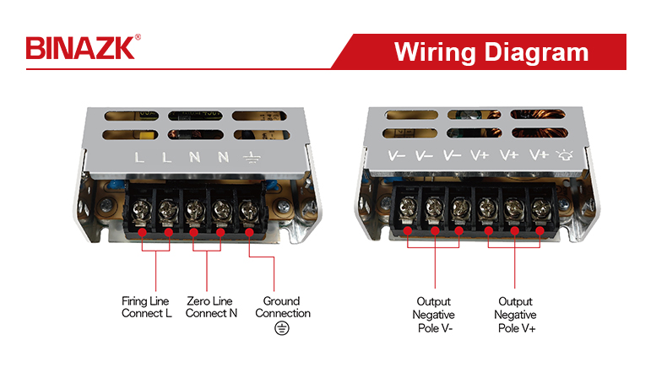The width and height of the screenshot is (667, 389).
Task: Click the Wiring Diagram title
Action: tap(491, 51)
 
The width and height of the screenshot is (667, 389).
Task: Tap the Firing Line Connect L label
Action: tap(145, 307)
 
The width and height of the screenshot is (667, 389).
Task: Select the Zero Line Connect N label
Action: tap(211, 307)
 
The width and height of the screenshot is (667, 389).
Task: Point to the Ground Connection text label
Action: tap(282, 307)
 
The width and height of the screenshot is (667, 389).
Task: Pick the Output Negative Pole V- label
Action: tap(435, 314)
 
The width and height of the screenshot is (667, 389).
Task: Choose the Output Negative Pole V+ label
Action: tap(516, 314)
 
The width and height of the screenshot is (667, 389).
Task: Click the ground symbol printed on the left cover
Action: tap(250, 157)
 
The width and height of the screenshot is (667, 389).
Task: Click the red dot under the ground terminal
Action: tap(250, 230)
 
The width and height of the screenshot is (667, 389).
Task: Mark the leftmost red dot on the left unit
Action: tap(142, 230)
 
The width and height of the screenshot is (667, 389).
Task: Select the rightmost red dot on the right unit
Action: tap(540, 230)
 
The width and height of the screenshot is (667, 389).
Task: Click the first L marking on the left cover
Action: tap(140, 157)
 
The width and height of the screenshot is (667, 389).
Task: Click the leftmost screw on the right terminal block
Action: tap(409, 205)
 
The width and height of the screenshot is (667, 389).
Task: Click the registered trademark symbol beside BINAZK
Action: tap(138, 38)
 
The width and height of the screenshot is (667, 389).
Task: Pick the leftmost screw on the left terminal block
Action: tap(142, 206)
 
